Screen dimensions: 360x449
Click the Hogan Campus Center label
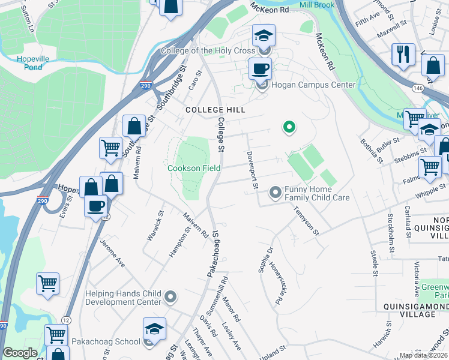click(x=313, y=85)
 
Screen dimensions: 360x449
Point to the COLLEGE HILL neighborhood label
click(x=215, y=110)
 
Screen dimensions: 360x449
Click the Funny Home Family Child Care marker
click(x=276, y=192)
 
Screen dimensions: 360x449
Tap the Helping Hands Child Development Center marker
click(x=171, y=296)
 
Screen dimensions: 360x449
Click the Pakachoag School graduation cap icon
click(x=154, y=329)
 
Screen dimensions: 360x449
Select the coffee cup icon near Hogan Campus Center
click(x=260, y=69)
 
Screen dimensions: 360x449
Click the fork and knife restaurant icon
click(x=403, y=54)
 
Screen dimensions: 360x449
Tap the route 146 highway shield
click(x=418, y=88)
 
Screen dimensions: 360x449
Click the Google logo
click(x=20, y=353)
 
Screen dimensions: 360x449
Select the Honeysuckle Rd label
click(x=276, y=283)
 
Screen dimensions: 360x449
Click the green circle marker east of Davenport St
click(x=289, y=127)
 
